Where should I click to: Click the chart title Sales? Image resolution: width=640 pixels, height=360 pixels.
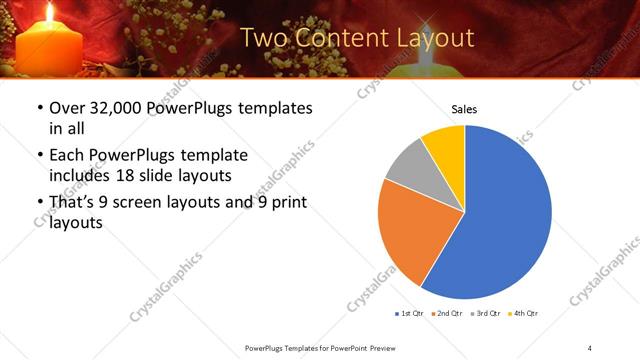(465, 109)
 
